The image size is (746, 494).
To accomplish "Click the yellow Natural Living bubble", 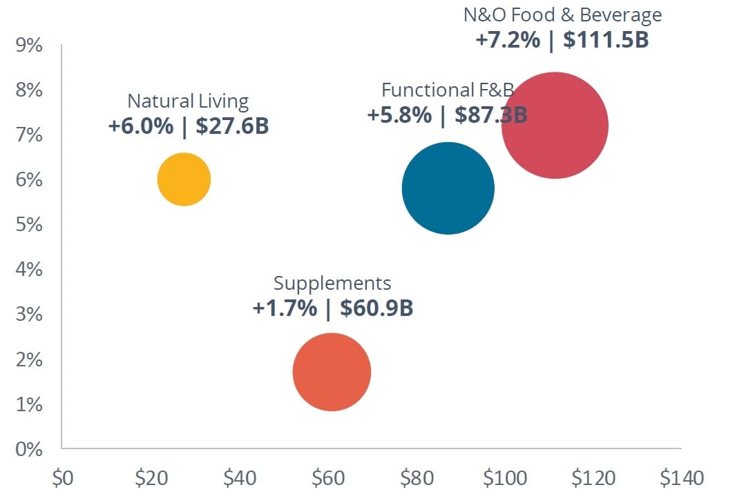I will pos(184,179).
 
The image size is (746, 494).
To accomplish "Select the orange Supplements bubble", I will pos(332,372).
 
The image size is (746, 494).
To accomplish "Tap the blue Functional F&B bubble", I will pos(448,188).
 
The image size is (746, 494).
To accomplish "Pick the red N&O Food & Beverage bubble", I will pos(555,125).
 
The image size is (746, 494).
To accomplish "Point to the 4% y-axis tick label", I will pos(28,270).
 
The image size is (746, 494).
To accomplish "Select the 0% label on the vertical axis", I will pos(28,449).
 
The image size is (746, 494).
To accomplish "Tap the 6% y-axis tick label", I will pos(28,180).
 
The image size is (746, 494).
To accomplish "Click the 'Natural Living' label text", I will pos(188,101).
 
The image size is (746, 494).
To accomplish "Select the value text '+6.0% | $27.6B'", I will pos(189,126).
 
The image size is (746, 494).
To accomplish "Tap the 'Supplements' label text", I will pos(332,283).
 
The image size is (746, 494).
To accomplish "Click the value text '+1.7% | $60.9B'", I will pos(333,308).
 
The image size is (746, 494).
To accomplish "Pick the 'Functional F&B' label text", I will pos(448,90).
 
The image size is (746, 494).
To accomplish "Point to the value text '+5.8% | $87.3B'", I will pos(447,115).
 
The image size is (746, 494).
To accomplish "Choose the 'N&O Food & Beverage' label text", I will pos(562,14).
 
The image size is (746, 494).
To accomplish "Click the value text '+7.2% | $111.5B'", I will pos(562,39).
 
